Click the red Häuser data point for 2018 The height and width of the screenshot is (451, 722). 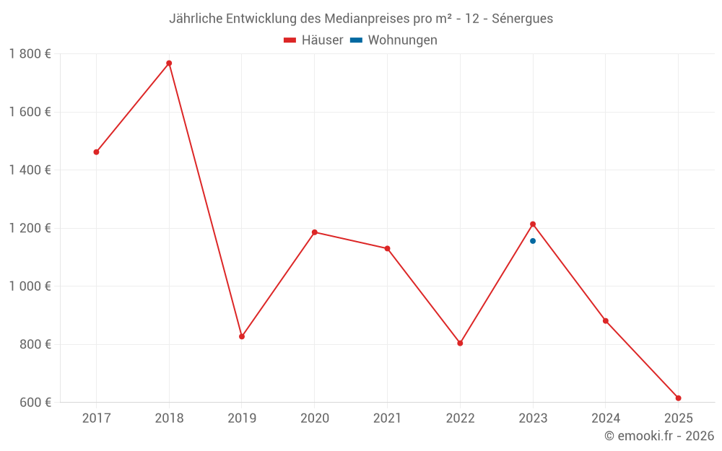pyautogui.click(x=169, y=64)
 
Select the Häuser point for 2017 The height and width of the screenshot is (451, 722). pyautogui.click(x=96, y=152)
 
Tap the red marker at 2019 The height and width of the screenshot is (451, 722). pyautogui.click(x=242, y=336)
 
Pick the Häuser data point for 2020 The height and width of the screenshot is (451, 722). pyautogui.click(x=315, y=232)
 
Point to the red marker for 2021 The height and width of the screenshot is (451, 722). pyautogui.click(x=387, y=249)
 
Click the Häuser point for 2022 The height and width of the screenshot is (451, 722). pyautogui.click(x=460, y=343)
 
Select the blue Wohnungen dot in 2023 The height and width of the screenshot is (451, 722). pyautogui.click(x=533, y=241)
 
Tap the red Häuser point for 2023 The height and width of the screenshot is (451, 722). pyautogui.click(x=533, y=224)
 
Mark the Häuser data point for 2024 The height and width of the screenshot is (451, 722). pyautogui.click(x=606, y=321)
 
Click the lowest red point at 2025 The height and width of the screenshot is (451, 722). pyautogui.click(x=678, y=398)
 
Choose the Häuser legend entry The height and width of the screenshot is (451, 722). pyautogui.click(x=314, y=40)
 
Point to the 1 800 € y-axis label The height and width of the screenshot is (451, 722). pyautogui.click(x=30, y=53)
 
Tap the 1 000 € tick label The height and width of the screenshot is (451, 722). pyautogui.click(x=30, y=286)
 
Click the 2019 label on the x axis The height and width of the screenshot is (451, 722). pyautogui.click(x=242, y=419)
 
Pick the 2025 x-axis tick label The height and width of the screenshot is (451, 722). pyautogui.click(x=678, y=419)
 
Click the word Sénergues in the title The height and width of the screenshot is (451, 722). pyautogui.click(x=522, y=19)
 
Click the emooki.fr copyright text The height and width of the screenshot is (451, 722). pyautogui.click(x=659, y=436)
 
